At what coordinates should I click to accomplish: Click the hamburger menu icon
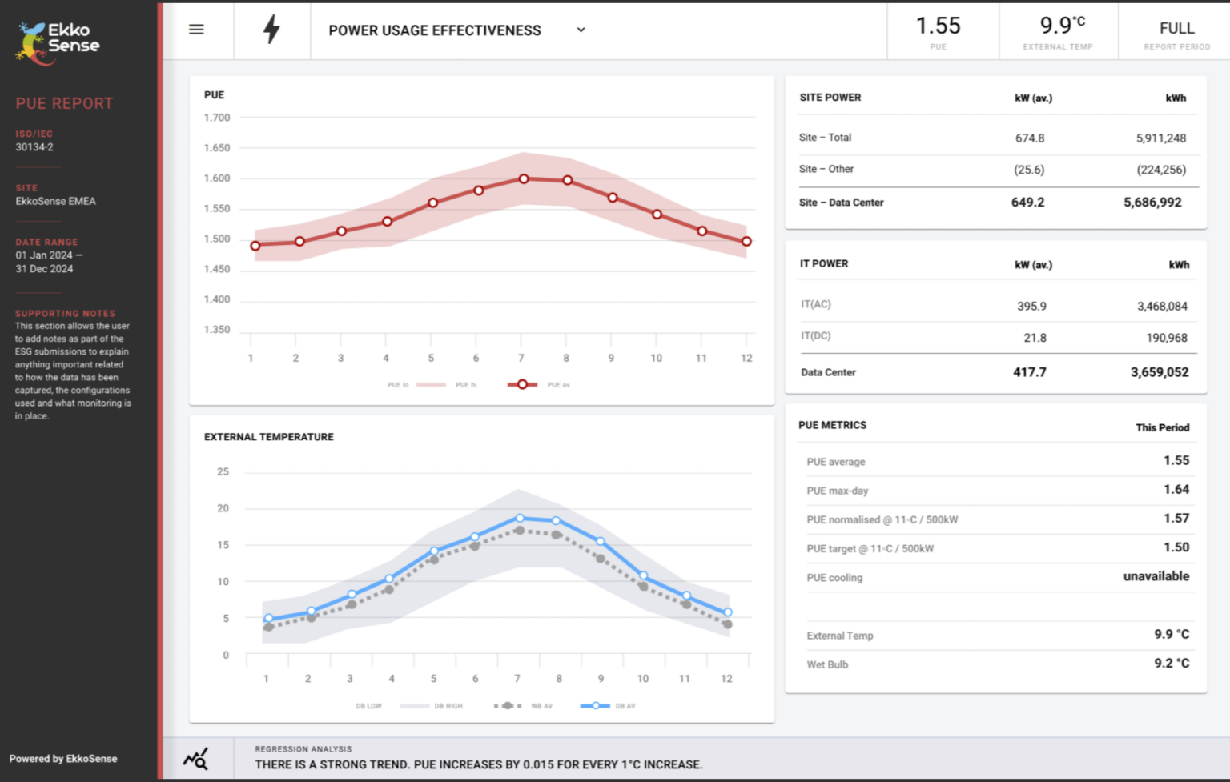[x=196, y=30]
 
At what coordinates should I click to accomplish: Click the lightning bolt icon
[x=272, y=30]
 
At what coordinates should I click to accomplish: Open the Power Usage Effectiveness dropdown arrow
[x=581, y=30]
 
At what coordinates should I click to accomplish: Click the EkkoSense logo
[x=57, y=42]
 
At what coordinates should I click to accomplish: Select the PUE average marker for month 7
[x=524, y=178]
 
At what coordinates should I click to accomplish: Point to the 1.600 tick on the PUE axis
[x=217, y=178]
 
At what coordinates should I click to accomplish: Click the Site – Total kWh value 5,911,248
[x=1160, y=138]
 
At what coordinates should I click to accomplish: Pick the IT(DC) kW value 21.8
[x=1035, y=338]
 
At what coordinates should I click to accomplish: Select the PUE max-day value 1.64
[x=1176, y=490]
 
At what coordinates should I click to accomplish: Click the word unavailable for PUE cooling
[x=1156, y=576]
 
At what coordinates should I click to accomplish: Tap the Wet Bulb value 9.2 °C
[x=1171, y=664]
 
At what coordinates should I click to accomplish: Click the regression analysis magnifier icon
[x=196, y=759]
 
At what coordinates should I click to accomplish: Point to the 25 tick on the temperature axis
[x=223, y=472]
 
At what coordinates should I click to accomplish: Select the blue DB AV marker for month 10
[x=643, y=575]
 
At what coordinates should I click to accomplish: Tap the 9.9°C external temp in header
[x=1061, y=26]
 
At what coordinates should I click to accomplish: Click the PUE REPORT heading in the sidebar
[x=64, y=103]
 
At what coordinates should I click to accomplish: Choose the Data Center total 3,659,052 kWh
[x=1159, y=372]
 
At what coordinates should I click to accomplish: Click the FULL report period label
[x=1176, y=28]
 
